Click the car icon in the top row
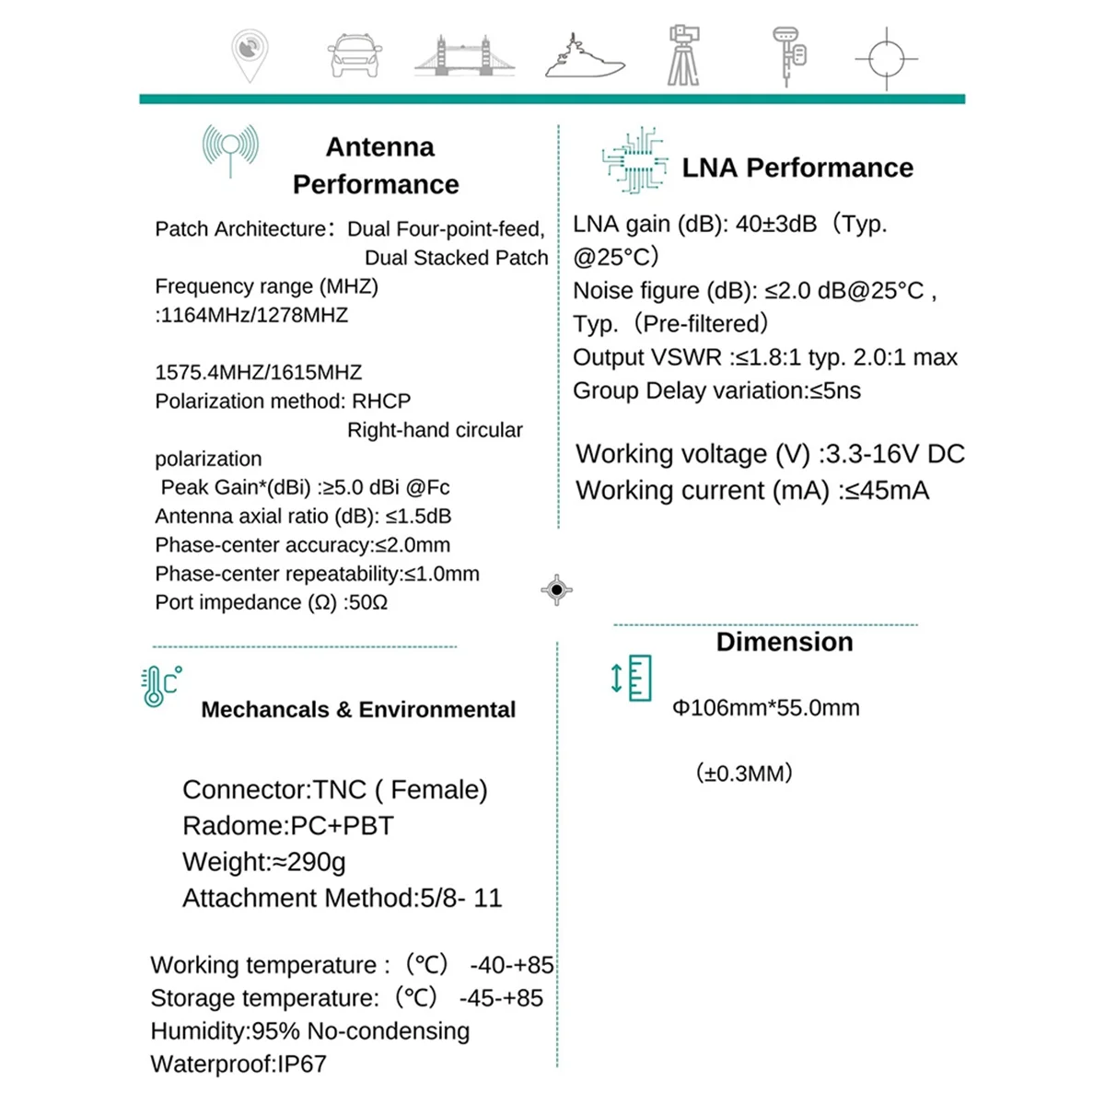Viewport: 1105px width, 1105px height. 355,57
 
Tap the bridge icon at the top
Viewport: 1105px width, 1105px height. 464,57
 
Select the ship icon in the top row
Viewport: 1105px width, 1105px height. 584,57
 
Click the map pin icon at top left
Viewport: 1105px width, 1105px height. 250,53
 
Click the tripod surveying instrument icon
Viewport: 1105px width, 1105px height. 682,55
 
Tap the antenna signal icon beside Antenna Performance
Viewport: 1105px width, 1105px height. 230,150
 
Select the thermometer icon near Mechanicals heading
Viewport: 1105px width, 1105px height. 159,686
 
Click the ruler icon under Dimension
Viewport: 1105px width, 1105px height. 633,678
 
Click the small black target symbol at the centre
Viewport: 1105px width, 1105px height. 557,589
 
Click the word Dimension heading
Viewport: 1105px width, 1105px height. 785,642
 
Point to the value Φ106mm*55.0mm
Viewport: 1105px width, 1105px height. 766,708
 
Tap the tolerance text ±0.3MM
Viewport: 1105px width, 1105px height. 744,773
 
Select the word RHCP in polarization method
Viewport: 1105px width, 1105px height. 381,401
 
